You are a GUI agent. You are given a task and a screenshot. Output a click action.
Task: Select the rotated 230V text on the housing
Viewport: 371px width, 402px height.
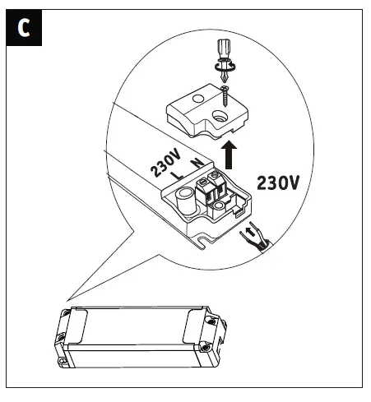165,161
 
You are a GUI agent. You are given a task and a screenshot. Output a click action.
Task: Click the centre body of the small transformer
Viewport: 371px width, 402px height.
140,337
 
